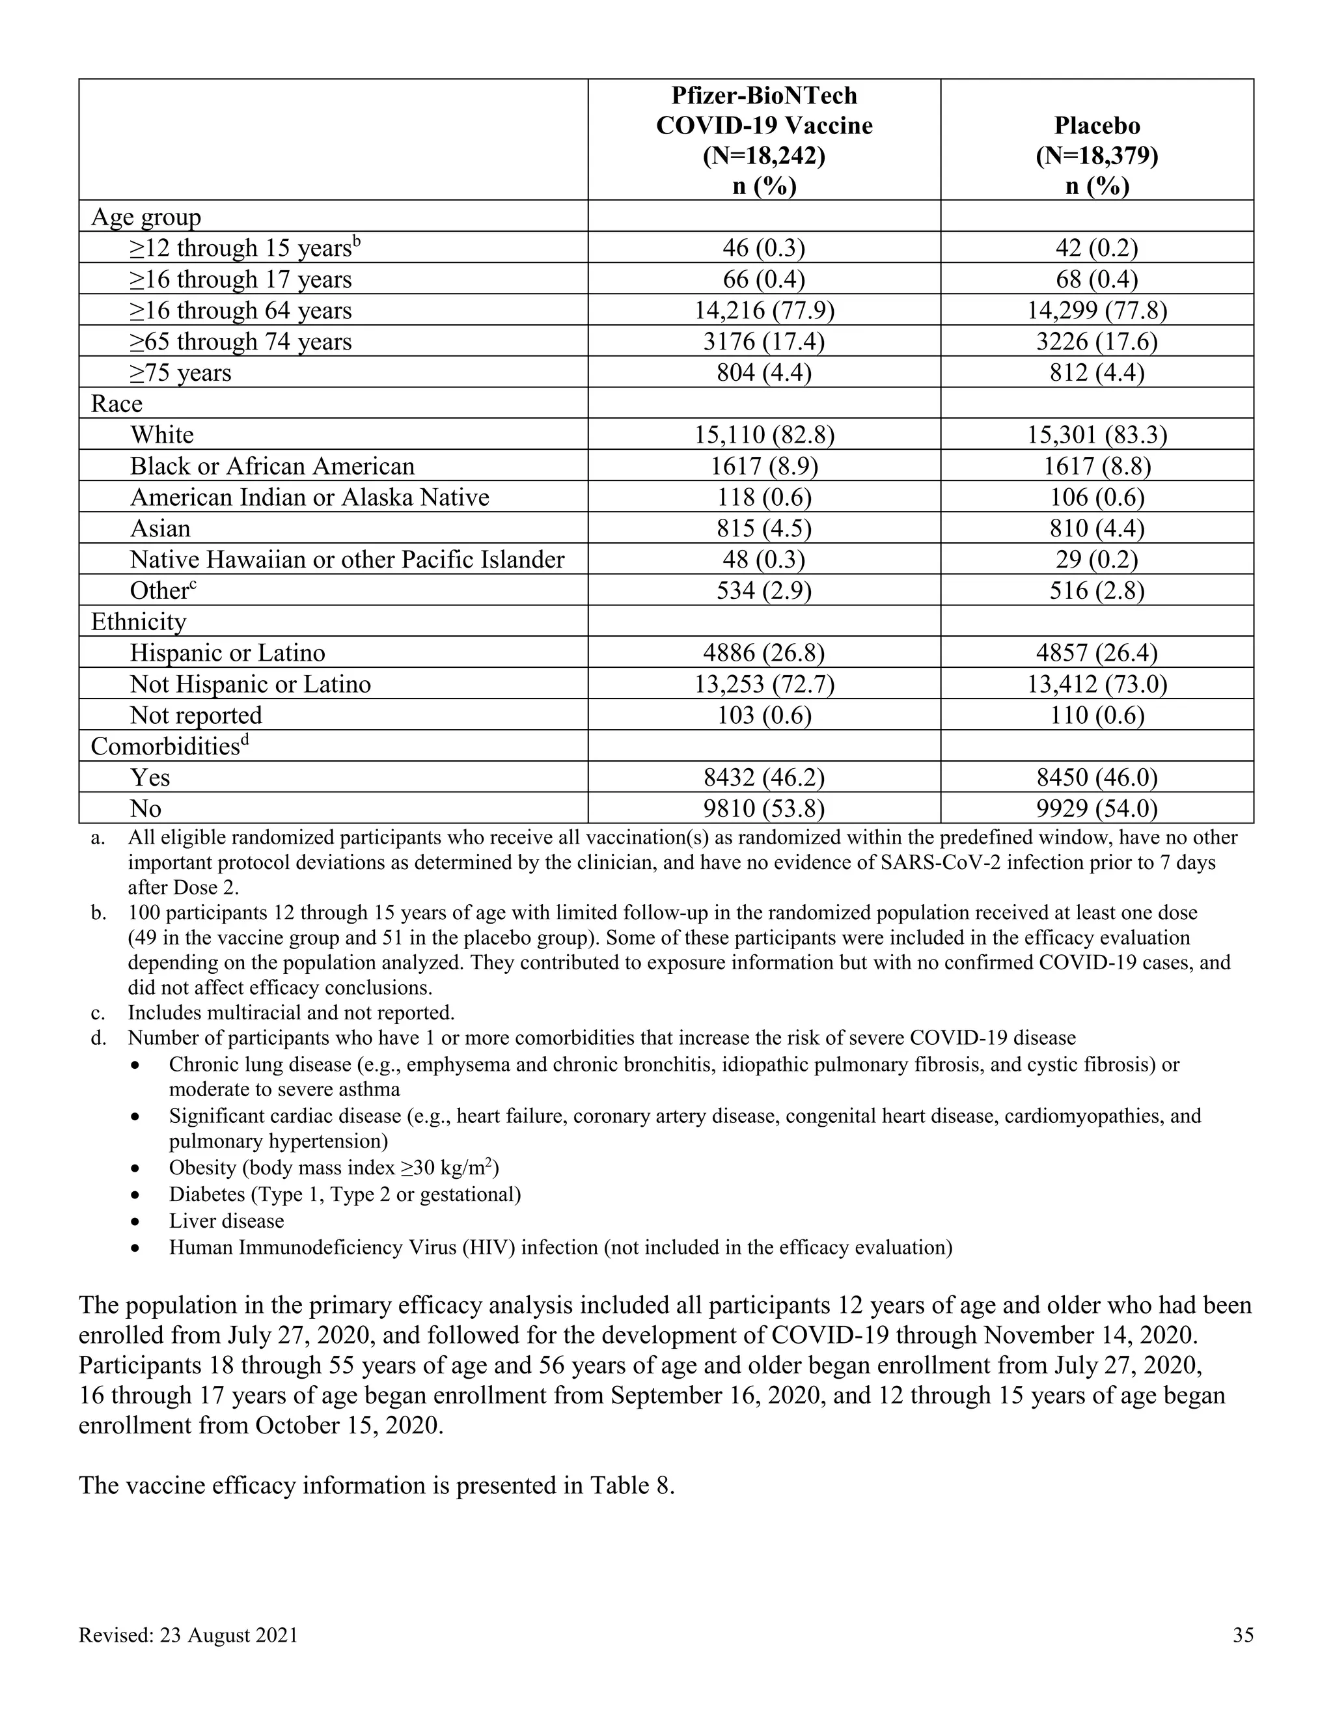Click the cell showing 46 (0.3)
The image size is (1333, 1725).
tap(763, 248)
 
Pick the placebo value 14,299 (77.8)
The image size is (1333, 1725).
tap(1097, 310)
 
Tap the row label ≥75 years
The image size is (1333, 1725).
tap(181, 373)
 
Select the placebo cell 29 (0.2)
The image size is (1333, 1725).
tap(1097, 559)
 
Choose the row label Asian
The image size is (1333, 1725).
tap(160, 529)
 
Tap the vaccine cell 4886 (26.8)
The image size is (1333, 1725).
tap(763, 653)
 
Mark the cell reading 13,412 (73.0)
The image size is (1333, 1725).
tap(1097, 684)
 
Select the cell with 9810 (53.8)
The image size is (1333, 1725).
tap(763, 808)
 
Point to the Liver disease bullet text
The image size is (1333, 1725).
tap(226, 1221)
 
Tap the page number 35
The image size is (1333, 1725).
tap(1243, 1635)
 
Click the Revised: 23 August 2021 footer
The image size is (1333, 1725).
tap(188, 1635)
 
